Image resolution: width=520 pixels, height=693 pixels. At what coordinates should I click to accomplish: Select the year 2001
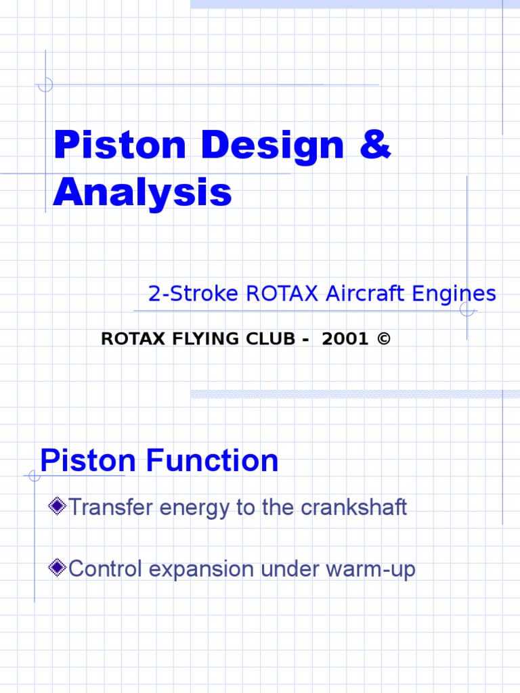click(x=345, y=340)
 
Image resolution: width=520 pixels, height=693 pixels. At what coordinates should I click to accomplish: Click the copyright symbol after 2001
click(x=384, y=340)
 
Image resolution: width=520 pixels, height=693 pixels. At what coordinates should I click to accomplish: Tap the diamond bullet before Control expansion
click(x=58, y=568)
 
